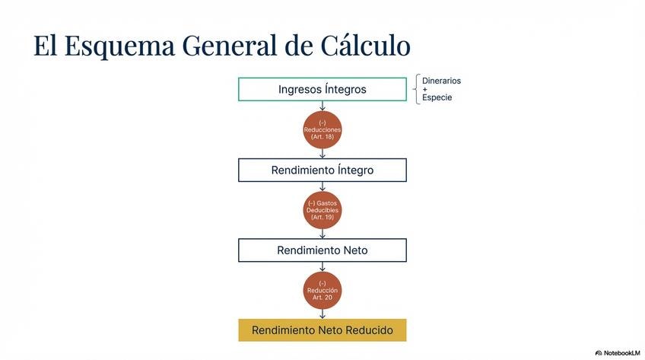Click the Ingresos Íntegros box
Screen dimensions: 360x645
pos(322,89)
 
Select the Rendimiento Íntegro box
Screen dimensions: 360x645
pos(322,170)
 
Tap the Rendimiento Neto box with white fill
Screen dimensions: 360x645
pos(322,250)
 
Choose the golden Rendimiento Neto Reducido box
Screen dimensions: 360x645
pos(322,330)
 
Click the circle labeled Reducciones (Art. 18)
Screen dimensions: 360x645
pos(322,129)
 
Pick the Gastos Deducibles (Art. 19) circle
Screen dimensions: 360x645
pos(322,209)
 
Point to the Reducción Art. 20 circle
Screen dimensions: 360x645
pos(322,290)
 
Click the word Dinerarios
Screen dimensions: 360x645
pos(441,81)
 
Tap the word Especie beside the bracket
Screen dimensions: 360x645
pos(437,97)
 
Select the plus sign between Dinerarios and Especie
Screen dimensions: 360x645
pos(424,89)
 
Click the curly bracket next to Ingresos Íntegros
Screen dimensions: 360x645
pos(417,89)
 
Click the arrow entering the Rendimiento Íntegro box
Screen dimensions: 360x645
pos(322,154)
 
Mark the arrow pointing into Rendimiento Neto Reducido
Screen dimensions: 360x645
pos(322,314)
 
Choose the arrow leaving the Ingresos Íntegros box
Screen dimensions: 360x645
pos(322,106)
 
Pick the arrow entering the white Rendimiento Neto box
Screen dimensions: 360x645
pos(322,234)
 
